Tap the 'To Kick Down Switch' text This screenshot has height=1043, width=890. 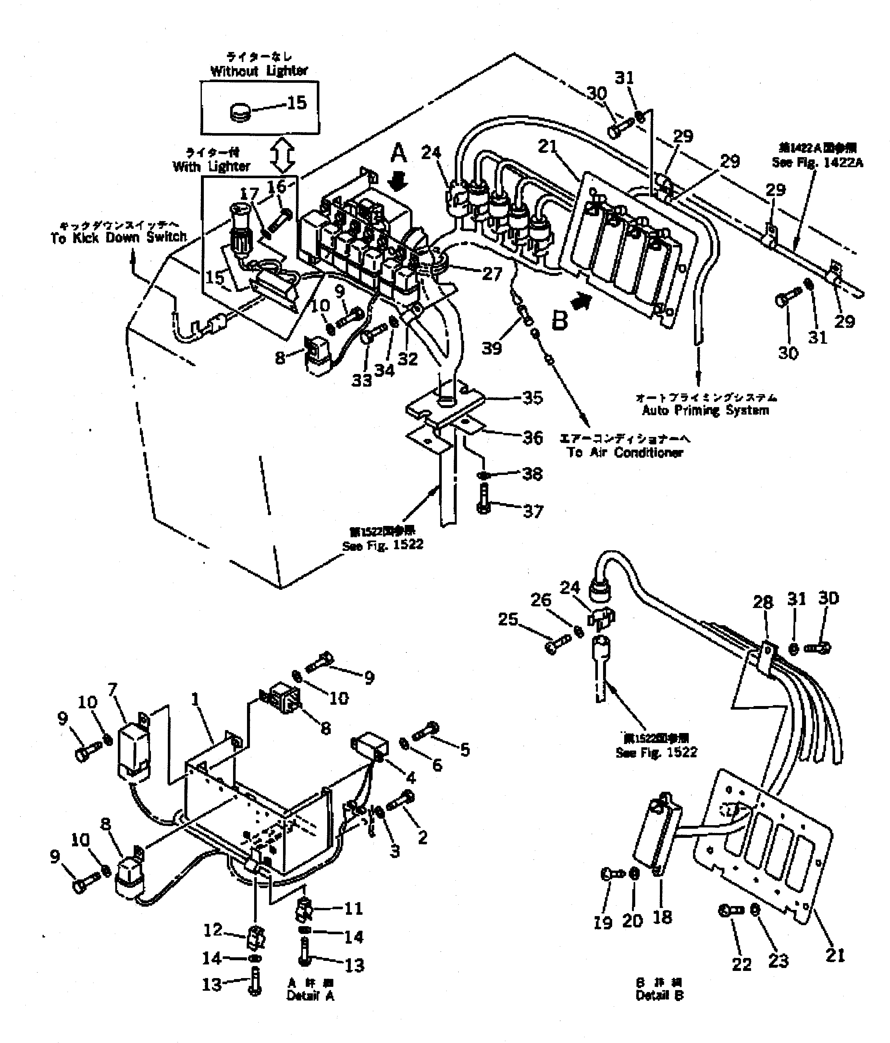point(119,238)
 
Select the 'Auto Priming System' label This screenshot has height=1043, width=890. point(705,410)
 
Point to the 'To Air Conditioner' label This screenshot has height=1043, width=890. point(625,452)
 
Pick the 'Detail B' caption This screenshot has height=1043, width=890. point(660,995)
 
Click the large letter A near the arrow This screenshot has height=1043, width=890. point(398,153)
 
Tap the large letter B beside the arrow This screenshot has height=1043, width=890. point(560,320)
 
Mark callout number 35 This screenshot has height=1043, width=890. point(533,398)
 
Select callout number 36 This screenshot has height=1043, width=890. point(533,438)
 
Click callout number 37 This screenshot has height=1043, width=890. point(533,511)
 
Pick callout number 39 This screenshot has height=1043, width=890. point(491,348)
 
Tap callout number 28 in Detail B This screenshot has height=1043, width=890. point(763,602)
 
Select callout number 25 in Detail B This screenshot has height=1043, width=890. point(508,619)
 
